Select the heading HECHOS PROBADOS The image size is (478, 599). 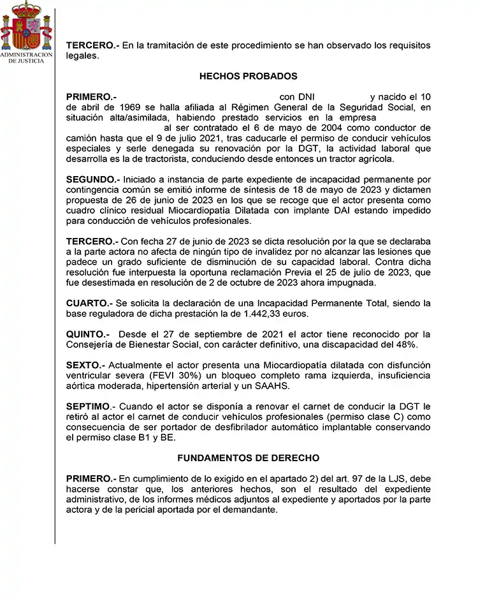pyautogui.click(x=249, y=77)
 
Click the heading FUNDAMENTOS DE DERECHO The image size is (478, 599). pyautogui.click(x=249, y=458)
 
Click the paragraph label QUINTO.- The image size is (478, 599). pyautogui.click(x=88, y=334)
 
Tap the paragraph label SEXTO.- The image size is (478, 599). pyautogui.click(x=86, y=365)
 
